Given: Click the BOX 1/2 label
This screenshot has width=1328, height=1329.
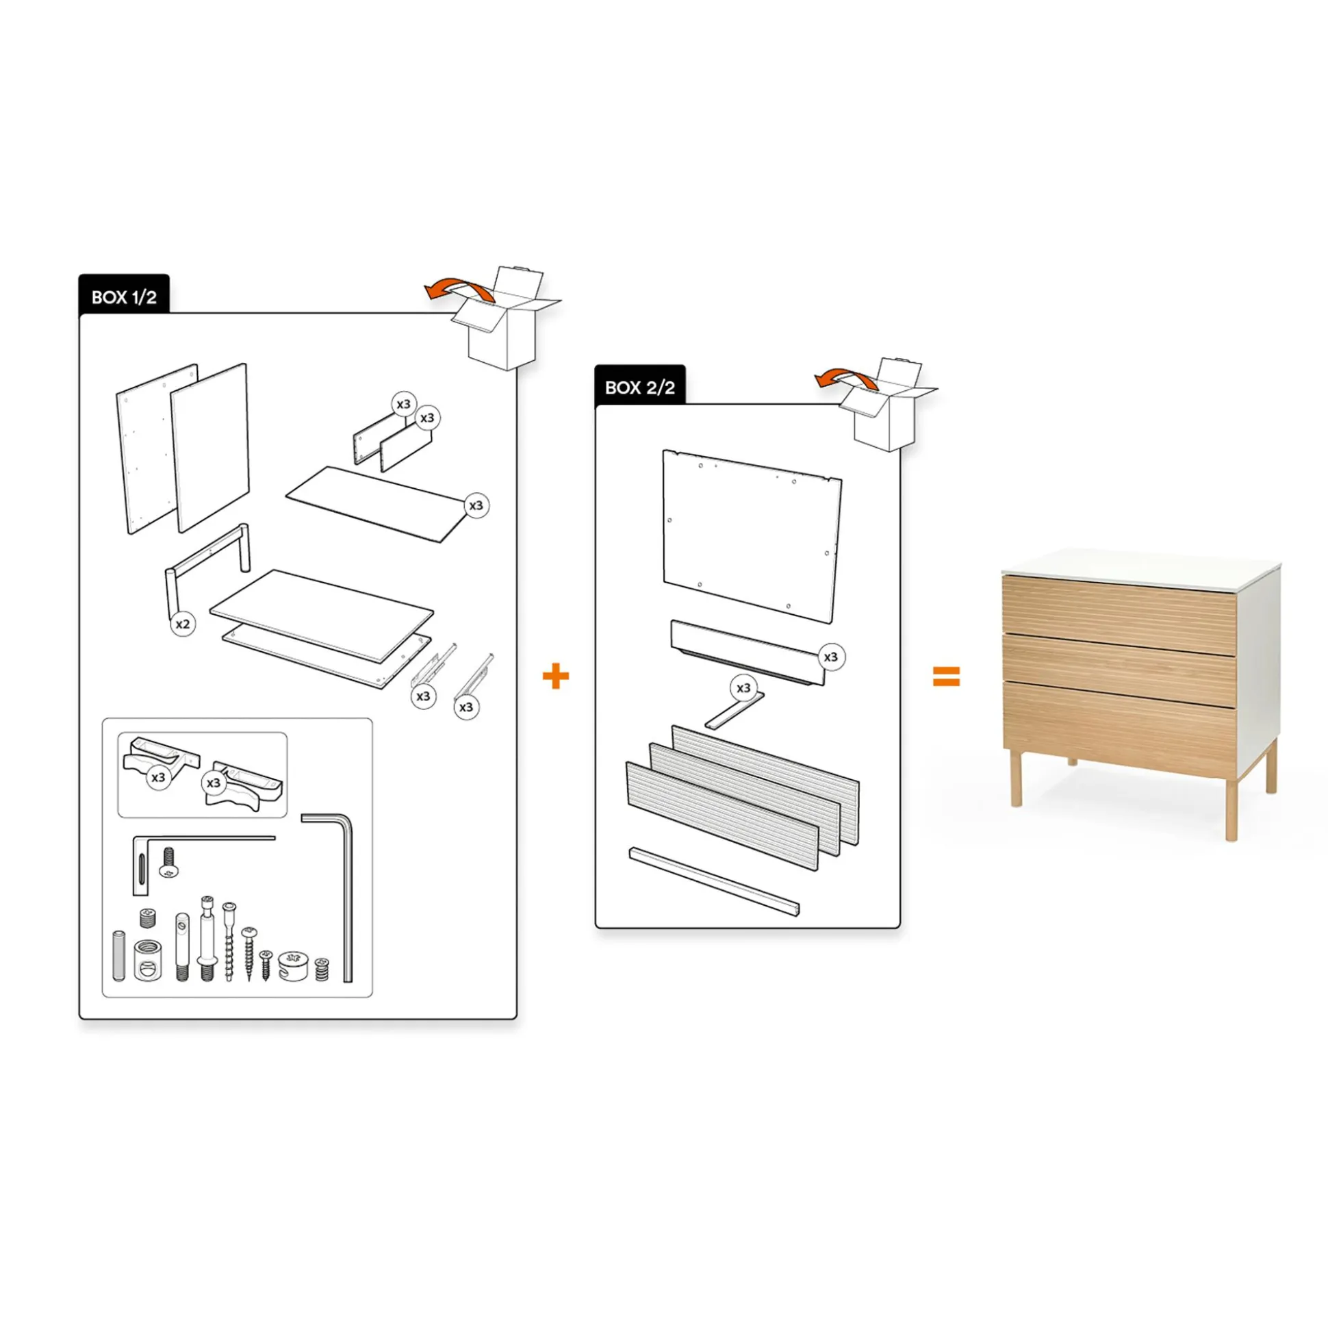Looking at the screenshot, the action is tap(124, 296).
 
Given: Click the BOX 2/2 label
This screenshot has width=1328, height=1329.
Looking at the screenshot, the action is tap(639, 388).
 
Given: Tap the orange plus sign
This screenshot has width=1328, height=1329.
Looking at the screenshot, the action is tap(556, 677).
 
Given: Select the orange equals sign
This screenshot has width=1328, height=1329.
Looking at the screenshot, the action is tap(945, 677).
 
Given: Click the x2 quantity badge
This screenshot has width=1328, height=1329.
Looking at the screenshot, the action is tap(182, 624).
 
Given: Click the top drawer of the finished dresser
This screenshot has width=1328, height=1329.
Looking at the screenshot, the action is tap(1119, 607).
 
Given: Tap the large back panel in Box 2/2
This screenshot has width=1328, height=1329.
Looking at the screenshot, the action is tap(752, 536).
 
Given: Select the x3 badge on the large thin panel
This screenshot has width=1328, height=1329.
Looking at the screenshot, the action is tap(476, 505).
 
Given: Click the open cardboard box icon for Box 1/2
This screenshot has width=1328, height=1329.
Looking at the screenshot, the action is tap(506, 318).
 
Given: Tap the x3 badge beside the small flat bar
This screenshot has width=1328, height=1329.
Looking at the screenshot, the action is tap(743, 688).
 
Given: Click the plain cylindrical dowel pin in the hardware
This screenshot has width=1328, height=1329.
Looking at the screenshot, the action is tap(119, 955).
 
